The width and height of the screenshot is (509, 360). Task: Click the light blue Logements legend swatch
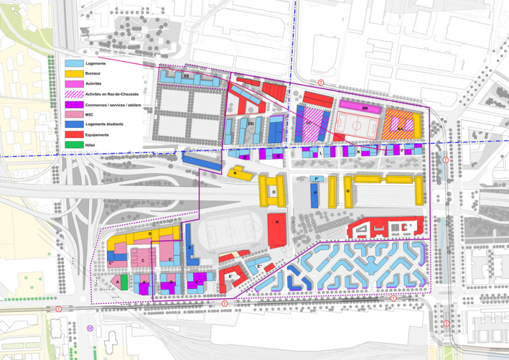tap(74, 64)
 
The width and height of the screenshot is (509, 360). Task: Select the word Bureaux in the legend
tap(94, 74)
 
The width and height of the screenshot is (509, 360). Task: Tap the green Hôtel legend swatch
tap(74, 144)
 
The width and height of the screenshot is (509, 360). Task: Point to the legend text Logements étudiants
tap(106, 124)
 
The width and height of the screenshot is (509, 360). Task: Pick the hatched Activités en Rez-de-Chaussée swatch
tap(74, 94)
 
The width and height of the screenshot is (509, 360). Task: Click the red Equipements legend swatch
tap(74, 134)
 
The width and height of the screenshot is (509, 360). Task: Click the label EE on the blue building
tap(186, 76)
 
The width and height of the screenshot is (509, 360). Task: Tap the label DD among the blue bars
tap(251, 123)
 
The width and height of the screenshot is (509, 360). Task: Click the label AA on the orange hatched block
tap(400, 128)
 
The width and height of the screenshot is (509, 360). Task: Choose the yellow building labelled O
tap(274, 191)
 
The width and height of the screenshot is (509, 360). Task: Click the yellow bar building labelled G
tap(349, 191)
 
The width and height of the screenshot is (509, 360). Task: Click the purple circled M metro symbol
tap(90, 328)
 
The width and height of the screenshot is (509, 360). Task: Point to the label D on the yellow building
tap(149, 235)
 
